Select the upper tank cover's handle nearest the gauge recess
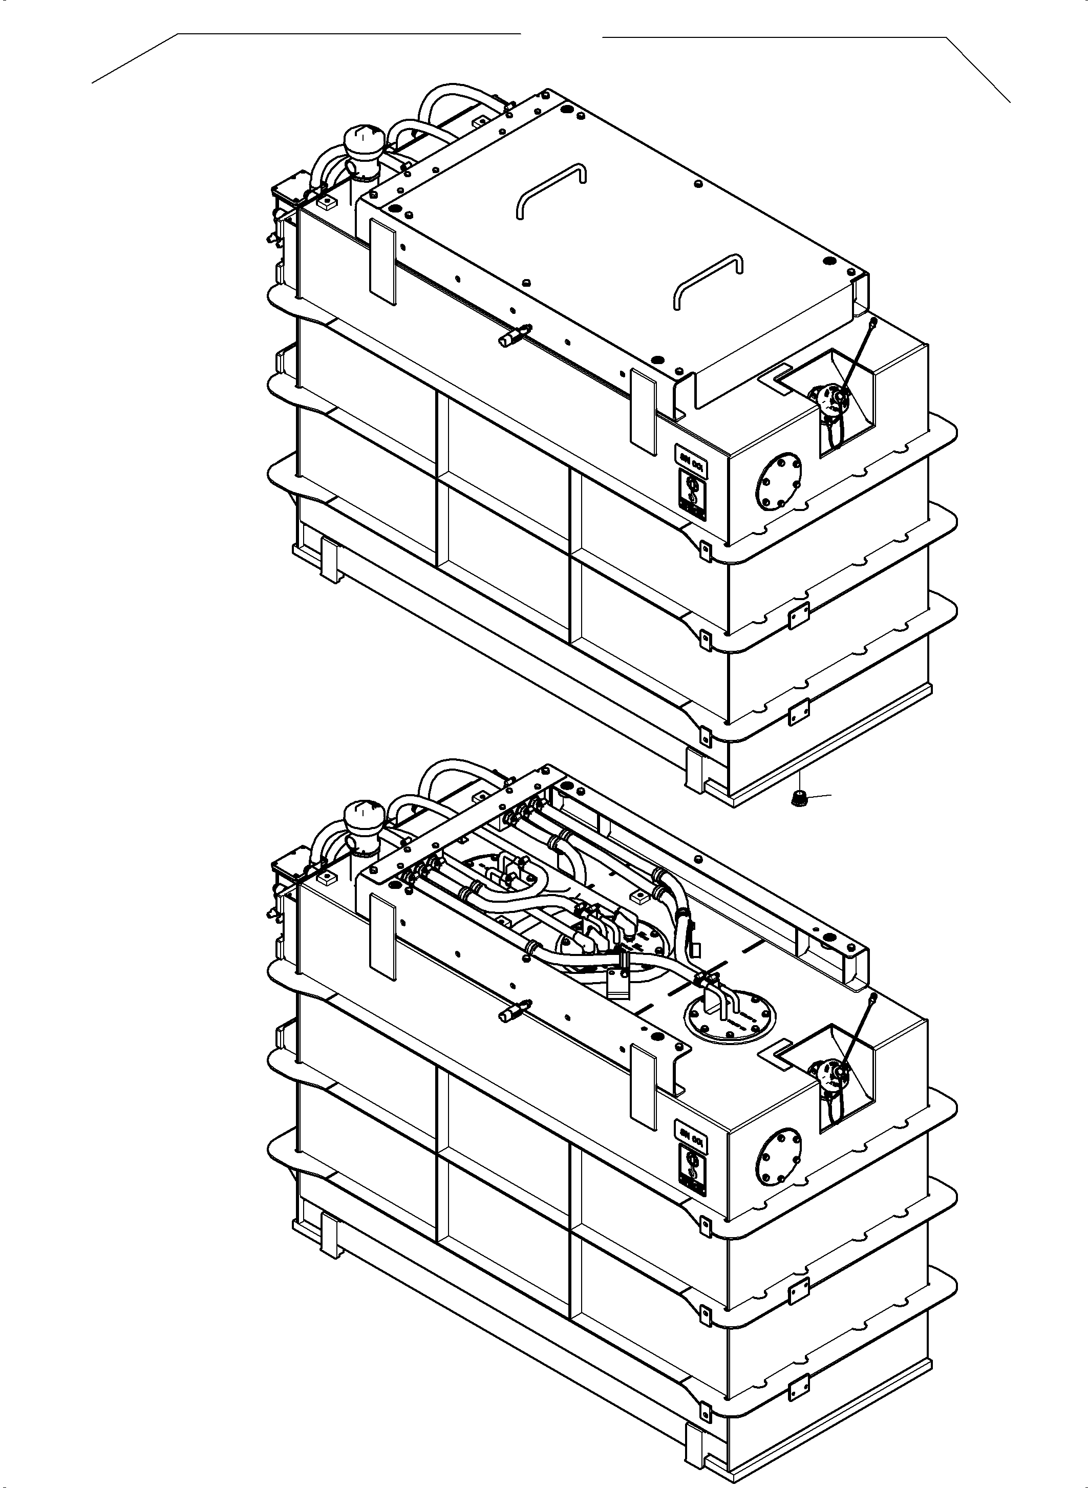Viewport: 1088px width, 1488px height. tap(709, 279)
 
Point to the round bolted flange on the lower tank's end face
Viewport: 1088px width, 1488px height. tap(779, 1159)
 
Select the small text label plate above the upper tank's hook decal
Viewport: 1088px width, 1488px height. tap(691, 454)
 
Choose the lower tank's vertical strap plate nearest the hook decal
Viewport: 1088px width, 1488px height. tap(644, 1086)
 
